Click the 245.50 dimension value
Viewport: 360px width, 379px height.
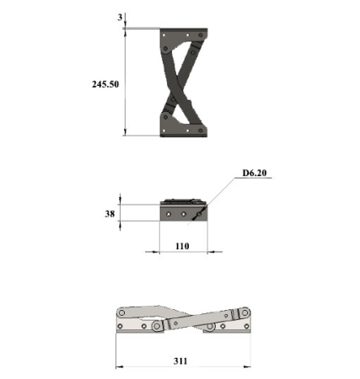(x=105, y=84)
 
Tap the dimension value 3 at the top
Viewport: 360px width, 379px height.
(x=120, y=18)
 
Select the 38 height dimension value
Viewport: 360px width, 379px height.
(x=110, y=214)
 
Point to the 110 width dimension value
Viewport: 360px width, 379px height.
(x=182, y=246)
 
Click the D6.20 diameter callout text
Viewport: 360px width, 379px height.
(x=255, y=173)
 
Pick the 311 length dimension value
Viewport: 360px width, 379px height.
(x=180, y=360)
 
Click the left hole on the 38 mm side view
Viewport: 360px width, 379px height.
(x=169, y=214)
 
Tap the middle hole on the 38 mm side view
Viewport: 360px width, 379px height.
(x=184, y=214)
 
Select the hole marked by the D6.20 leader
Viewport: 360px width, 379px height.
(x=199, y=214)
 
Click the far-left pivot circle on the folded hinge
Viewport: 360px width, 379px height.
(x=121, y=312)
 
